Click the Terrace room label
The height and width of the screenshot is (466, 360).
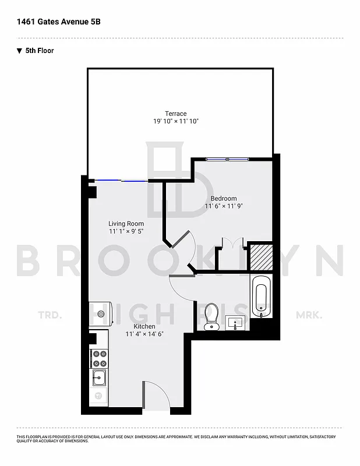coord(175,114)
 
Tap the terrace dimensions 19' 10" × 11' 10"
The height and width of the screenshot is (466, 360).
coord(175,122)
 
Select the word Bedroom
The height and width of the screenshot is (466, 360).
coord(224,199)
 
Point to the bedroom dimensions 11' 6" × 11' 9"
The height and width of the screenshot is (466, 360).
coord(224,206)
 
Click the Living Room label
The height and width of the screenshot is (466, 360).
coord(126,224)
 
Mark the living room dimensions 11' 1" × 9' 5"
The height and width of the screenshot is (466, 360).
coord(126,231)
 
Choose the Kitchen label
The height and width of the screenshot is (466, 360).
coord(144,326)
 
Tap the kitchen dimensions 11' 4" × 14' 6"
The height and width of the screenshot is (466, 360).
coord(144,334)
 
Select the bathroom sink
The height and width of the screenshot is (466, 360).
coord(236,322)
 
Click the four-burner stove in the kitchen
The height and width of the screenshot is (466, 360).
coord(98,357)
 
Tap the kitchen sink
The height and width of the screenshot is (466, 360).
coord(98,379)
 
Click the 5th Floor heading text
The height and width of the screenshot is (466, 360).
coord(39,51)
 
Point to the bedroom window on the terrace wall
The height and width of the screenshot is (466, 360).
coord(228,158)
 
